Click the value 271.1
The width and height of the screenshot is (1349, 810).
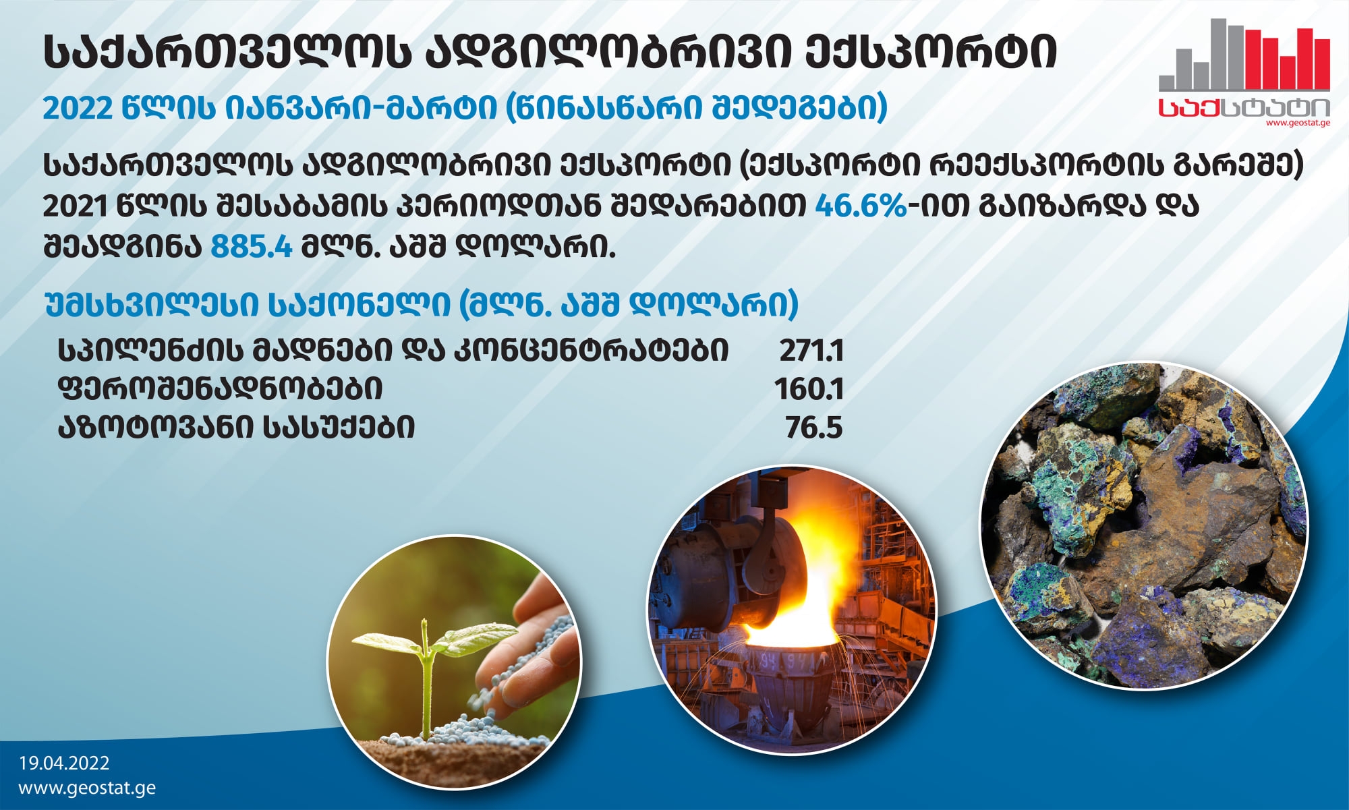pos(811,351)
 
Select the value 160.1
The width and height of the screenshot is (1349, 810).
pos(809,389)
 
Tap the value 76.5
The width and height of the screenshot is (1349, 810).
pos(814,428)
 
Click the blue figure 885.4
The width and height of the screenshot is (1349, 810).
pos(252,247)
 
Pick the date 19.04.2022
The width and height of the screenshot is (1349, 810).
pos(64,763)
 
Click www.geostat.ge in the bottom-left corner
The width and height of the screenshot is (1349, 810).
pos(87,788)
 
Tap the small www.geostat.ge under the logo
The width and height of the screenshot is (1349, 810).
pos(1298,123)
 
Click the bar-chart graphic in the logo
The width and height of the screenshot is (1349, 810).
pos(1244,55)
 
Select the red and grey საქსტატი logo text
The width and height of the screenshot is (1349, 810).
pos(1244,107)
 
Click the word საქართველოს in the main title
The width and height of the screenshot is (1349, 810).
pos(228,52)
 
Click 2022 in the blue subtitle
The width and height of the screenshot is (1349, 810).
pos(77,108)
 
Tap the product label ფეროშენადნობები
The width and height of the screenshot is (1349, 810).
pos(221,389)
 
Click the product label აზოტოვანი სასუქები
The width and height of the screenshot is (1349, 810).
pos(236,428)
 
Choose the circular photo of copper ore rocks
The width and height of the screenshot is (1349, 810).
pos(1143,526)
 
